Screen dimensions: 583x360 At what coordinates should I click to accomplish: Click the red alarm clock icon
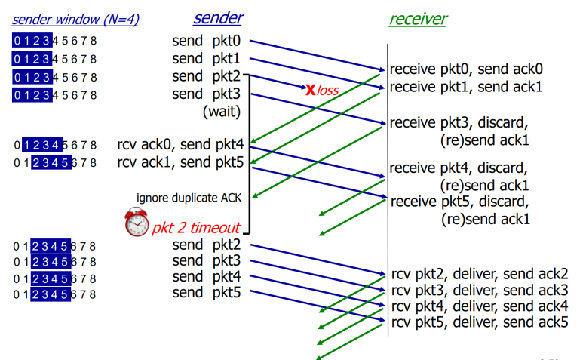137,223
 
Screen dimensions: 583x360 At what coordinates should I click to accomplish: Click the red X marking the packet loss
311,89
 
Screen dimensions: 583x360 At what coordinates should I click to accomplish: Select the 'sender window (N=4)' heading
75,20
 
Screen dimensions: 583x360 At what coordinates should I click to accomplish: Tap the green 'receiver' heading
419,19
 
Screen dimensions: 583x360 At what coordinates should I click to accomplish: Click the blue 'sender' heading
218,18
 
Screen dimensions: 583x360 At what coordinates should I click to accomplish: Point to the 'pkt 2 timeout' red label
196,228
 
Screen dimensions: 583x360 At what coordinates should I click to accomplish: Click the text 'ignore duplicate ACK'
189,198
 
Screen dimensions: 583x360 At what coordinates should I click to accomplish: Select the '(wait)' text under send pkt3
222,111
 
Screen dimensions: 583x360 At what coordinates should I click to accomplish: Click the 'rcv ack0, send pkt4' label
180,144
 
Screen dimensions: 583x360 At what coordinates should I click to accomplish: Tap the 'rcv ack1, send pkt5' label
180,162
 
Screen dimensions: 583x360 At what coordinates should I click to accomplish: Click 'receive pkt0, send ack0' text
466,69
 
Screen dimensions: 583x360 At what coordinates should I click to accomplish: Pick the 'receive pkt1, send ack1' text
466,87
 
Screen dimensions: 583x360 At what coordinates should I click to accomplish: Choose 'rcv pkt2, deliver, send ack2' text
480,274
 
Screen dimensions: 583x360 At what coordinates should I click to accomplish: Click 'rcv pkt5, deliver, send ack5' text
480,322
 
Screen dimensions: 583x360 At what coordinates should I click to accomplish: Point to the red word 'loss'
327,91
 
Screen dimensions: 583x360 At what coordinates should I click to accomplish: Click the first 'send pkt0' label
207,41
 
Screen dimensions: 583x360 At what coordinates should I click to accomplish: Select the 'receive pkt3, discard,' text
459,123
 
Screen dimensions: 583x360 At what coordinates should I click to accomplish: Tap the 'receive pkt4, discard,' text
459,168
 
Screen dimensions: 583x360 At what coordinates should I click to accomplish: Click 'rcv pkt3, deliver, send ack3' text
480,290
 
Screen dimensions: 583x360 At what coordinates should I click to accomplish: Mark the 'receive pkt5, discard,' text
460,202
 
